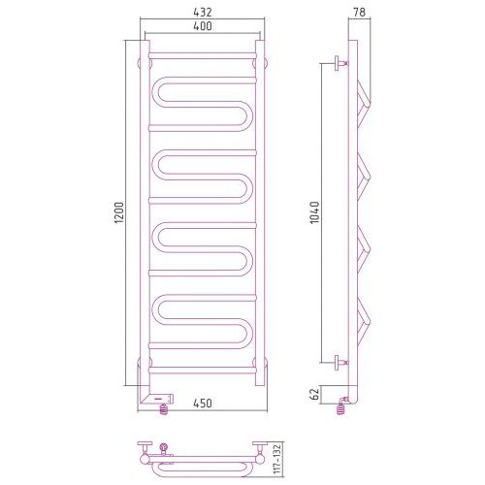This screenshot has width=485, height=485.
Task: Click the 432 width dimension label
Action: coord(203,12)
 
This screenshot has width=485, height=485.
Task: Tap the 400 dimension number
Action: coord(203,26)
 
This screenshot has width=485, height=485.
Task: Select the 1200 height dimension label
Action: coord(119,212)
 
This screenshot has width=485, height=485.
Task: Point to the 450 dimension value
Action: coord(203,404)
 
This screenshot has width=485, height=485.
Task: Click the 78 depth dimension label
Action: coord(359,12)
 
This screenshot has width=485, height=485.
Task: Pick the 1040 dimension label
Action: coord(314,212)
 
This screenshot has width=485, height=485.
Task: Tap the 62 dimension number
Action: coord(314,394)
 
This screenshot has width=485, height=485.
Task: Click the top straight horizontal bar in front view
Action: coord(203,55)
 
